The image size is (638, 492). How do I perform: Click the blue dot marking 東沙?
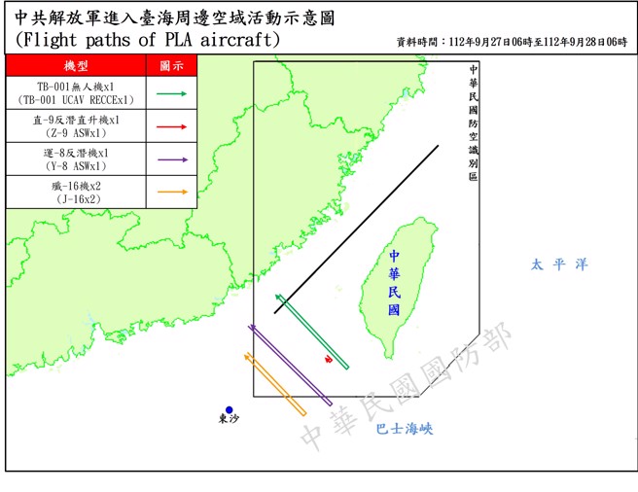[x=229, y=409]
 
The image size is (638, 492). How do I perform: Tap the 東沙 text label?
[x=229, y=420]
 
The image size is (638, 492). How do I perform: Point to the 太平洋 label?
[x=559, y=264]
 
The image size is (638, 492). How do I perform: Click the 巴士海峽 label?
[x=403, y=429]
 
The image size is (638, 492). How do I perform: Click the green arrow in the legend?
[x=170, y=94]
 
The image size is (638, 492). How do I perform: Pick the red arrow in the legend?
[x=170, y=126]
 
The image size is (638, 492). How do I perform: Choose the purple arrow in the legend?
[x=170, y=158]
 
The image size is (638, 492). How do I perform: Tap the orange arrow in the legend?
[x=170, y=192]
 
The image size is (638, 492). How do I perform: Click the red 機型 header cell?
[x=76, y=65]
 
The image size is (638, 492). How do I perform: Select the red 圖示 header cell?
[x=171, y=65]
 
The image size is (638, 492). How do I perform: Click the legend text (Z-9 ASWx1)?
[x=75, y=133]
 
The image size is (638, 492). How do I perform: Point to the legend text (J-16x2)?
[x=75, y=198]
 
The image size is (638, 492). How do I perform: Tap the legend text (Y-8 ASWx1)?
[x=75, y=165]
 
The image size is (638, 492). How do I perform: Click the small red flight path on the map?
[x=329, y=360]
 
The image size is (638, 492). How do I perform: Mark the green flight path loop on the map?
[x=312, y=331]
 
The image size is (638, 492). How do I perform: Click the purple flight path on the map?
[x=291, y=366]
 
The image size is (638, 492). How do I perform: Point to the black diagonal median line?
[x=357, y=229]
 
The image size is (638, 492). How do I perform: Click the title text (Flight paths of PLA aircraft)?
[x=148, y=41]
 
